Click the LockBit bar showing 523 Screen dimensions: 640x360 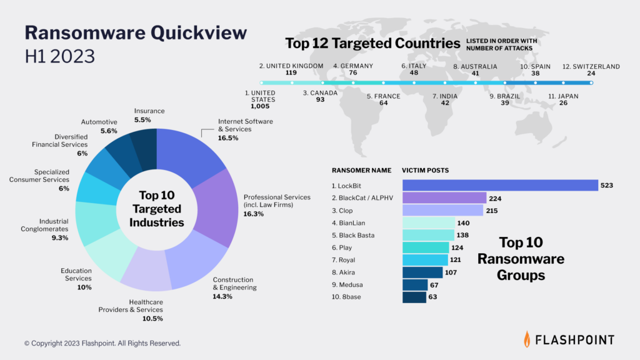[x=500, y=185]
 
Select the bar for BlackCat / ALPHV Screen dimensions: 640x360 [x=444, y=198]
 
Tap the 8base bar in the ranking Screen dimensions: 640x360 [x=414, y=297]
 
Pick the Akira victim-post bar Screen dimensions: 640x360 [x=422, y=272]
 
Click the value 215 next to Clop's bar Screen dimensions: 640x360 [x=492, y=211]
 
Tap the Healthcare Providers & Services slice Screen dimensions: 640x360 [x=147, y=269]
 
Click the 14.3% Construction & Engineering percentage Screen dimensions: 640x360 [x=222, y=296]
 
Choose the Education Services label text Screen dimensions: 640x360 [x=76, y=274]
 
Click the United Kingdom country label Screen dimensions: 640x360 [x=291, y=66]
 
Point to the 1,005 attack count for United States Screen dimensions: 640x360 [x=260, y=106]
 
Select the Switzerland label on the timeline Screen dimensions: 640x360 [x=591, y=66]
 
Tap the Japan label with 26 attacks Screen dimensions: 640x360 [x=563, y=96]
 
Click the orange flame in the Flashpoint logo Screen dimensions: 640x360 [x=527, y=339]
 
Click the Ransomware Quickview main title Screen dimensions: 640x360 [x=136, y=32]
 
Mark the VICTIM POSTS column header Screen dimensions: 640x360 [x=425, y=170]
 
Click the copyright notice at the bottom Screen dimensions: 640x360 [x=102, y=343]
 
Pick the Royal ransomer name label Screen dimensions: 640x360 [x=343, y=260]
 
